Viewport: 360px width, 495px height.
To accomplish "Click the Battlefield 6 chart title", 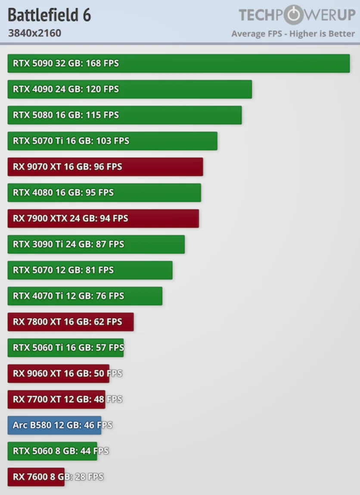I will click(x=49, y=16).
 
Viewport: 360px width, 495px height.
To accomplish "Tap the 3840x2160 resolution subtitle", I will click(x=34, y=33).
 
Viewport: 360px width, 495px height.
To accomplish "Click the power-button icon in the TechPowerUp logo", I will click(x=294, y=15).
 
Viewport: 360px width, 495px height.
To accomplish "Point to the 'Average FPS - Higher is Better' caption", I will click(x=293, y=34).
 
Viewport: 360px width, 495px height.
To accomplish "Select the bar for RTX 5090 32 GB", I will click(x=178, y=63).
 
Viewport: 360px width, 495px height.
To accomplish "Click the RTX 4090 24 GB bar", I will click(x=129, y=89).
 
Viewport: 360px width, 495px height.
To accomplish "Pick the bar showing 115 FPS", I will click(x=124, y=115).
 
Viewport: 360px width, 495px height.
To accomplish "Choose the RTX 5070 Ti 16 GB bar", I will click(x=112, y=141).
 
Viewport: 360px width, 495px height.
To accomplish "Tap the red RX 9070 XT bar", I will click(x=105, y=167).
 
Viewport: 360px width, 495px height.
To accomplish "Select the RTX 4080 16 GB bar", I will click(x=104, y=193).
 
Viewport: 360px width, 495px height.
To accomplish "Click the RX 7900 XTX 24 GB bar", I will click(x=103, y=218).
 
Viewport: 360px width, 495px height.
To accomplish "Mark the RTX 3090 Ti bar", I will click(x=96, y=244).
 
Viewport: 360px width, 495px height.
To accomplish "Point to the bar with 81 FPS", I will click(x=90, y=270).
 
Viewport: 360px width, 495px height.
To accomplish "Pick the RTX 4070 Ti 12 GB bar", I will click(x=85, y=296).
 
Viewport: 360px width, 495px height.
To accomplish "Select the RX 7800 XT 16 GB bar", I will click(x=70, y=322).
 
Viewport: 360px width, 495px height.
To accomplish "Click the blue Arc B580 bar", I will click(x=54, y=425).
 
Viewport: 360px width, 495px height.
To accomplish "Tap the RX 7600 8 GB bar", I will click(x=36, y=477).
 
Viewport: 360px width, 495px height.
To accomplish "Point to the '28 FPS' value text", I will click(x=89, y=477).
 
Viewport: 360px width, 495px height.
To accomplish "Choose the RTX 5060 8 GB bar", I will click(x=52, y=451).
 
